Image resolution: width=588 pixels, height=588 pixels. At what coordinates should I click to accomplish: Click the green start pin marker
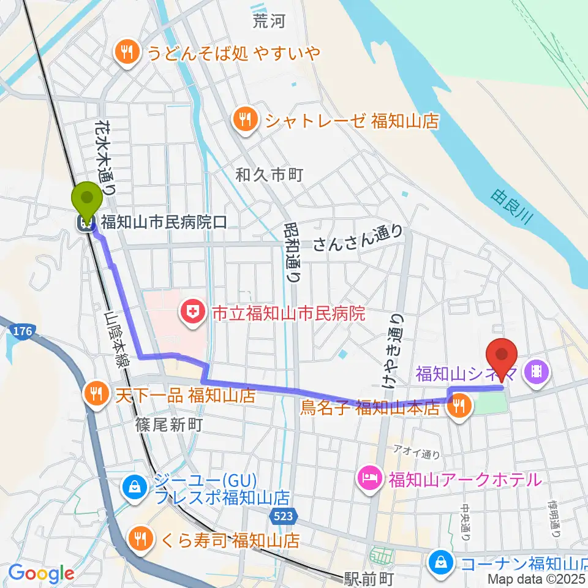pyautogui.click(x=87, y=198)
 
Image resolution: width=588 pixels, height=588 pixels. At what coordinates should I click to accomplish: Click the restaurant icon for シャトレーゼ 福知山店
pyautogui.click(x=246, y=119)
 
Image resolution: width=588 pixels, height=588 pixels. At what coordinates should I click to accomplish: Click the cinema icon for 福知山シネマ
pyautogui.click(x=537, y=372)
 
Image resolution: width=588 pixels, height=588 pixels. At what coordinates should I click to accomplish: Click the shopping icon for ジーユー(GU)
pyautogui.click(x=132, y=488)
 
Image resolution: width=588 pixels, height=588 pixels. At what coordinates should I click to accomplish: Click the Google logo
pyautogui.click(x=41, y=574)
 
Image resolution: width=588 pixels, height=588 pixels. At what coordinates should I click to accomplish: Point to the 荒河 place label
pyautogui.click(x=270, y=22)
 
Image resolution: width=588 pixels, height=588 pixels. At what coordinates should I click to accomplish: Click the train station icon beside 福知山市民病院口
pyautogui.click(x=86, y=222)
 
